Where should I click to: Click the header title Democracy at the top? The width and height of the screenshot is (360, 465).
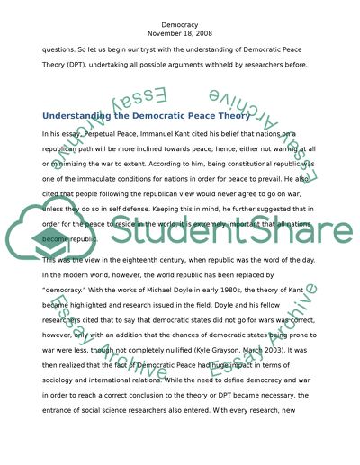point(180,16)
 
